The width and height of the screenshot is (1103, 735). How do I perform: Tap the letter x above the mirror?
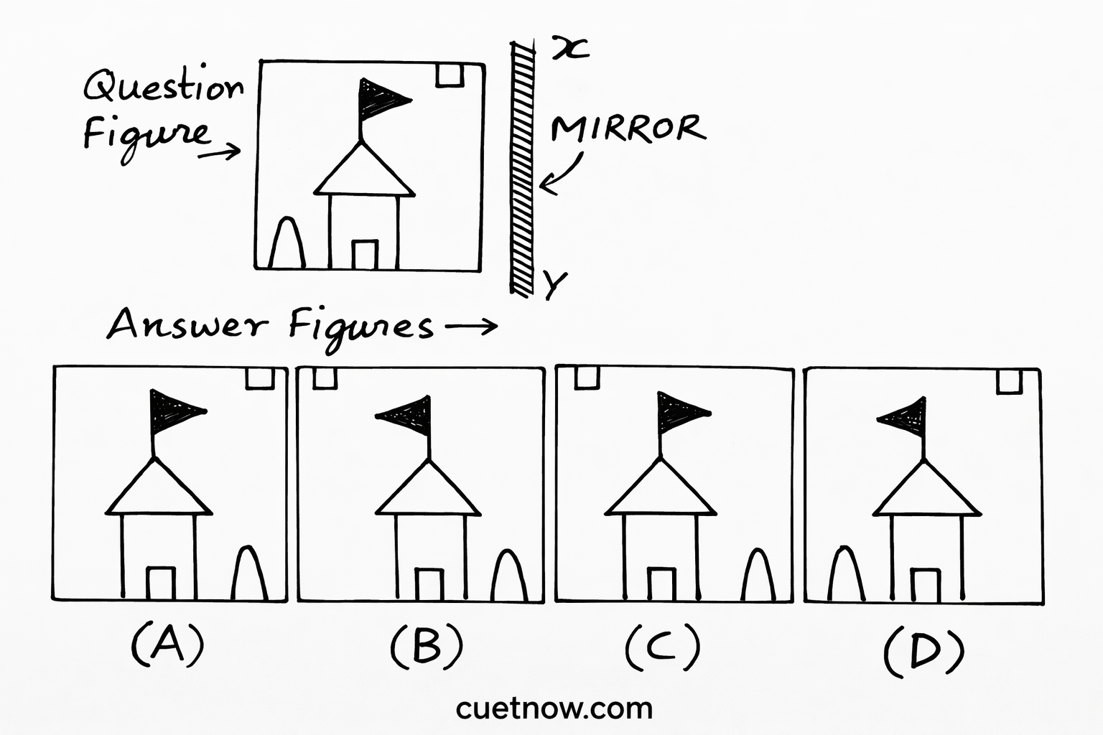pyautogui.click(x=570, y=48)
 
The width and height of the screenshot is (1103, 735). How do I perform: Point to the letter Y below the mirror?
pyautogui.click(x=554, y=284)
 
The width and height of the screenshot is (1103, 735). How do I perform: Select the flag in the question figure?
pyautogui.click(x=381, y=98)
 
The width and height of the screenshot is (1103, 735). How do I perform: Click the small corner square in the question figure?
pyautogui.click(x=450, y=75)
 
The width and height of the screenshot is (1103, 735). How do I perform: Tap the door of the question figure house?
pyautogui.click(x=365, y=255)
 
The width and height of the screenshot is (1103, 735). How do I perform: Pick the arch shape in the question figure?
pyautogui.click(x=287, y=244)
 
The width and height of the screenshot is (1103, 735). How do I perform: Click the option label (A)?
pyautogui.click(x=167, y=644)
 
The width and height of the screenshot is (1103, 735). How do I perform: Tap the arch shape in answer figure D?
pyautogui.click(x=846, y=574)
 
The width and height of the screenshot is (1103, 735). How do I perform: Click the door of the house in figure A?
pyautogui.click(x=161, y=583)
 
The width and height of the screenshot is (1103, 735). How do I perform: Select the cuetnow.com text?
pyautogui.click(x=554, y=708)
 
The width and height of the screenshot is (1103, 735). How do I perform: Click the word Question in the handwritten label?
pyautogui.click(x=164, y=88)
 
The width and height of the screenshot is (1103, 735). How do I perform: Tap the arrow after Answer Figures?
pyautogui.click(x=471, y=327)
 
